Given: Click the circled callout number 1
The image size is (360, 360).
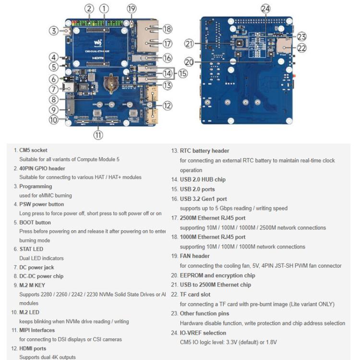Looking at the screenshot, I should coord(105,8).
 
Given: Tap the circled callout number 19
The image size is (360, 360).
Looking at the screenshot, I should coord(132,8).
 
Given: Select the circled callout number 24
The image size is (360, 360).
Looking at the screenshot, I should coord(265,8).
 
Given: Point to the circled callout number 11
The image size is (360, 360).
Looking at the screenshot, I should coord(98,135).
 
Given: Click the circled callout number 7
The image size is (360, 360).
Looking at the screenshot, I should coord(53,89).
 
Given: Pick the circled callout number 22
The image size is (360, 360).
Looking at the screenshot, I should coord(301,48).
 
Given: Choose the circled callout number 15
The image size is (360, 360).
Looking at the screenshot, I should coord(183,73).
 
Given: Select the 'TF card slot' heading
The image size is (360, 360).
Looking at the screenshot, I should coord(194,294).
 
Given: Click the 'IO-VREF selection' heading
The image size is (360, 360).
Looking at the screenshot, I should coord(203,333).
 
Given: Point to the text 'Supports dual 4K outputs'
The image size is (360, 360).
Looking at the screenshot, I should coord(47,357).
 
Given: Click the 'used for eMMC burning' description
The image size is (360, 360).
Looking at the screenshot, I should coord(46,195).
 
